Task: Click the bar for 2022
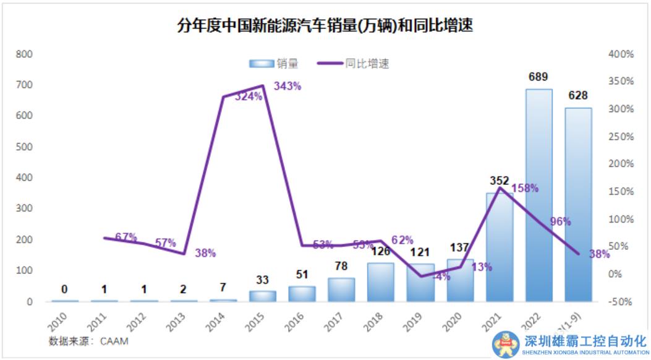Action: [538, 195]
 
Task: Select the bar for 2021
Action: [499, 247]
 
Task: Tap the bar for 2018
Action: [380, 282]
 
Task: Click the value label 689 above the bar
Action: [538, 77]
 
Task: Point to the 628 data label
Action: [577, 96]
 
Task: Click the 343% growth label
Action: [287, 87]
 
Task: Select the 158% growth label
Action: [525, 188]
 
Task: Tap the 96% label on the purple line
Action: [560, 221]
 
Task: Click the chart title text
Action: [325, 26]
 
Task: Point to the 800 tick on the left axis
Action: [24, 54]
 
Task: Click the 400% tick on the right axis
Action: [621, 54]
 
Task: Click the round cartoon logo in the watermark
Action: [506, 344]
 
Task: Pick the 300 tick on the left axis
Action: [24, 209]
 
